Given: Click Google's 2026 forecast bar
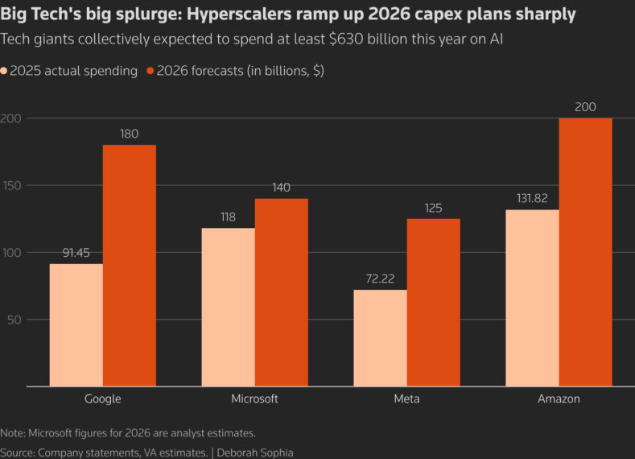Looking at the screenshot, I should pos(130,266).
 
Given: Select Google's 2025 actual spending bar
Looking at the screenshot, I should pos(76,325).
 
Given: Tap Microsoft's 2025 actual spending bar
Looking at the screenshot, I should pos(228,307).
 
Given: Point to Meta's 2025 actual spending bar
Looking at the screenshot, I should pos(380,338).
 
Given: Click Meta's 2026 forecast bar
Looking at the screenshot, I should pos(433,303).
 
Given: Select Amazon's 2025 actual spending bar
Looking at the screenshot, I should pos(532,298).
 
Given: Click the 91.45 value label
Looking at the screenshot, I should pos(76,252).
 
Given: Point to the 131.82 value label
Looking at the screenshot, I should pos(532,198).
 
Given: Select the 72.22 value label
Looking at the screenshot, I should pos(380,278).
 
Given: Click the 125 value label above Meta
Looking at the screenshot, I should pos(433,207).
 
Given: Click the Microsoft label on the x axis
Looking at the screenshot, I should pos(254,399).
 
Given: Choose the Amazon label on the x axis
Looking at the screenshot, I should pos(559,399).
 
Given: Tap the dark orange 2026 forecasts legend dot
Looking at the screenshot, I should pos(151,72).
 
